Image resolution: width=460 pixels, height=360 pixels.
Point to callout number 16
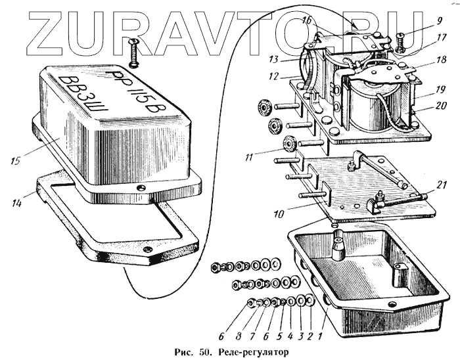307,22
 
